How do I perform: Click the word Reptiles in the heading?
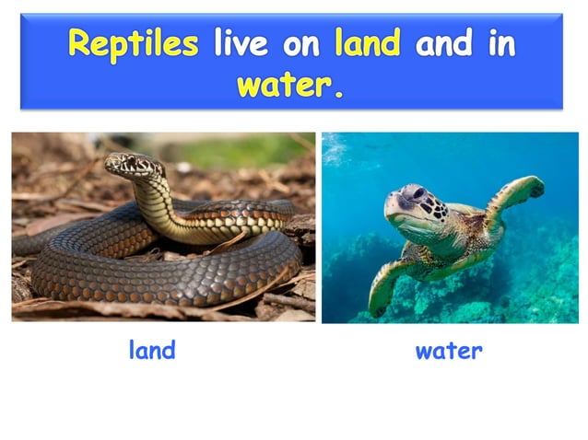133,45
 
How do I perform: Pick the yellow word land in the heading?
367,45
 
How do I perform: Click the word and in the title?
441,45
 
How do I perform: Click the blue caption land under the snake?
152,350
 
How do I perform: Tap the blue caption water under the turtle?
449,350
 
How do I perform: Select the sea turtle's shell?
470,230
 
